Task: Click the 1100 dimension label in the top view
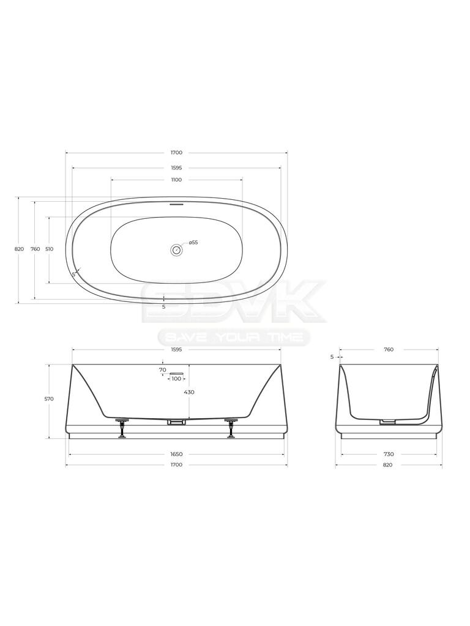coord(176,180)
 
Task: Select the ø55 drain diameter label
coord(193,242)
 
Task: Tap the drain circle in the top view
coord(176,250)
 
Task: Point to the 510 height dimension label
coord(49,249)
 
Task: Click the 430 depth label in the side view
coord(189,392)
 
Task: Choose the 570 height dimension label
coord(49,399)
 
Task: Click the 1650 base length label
coord(176,454)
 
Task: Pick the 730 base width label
coord(389,454)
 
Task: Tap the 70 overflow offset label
coord(162,370)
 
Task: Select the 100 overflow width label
coord(176,378)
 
